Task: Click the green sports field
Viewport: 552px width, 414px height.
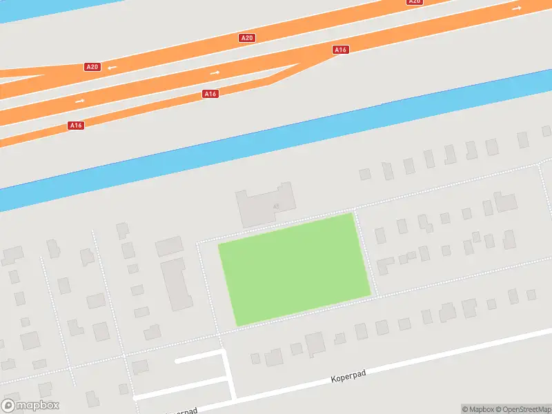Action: tap(295, 269)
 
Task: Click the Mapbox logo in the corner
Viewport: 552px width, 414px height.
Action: tap(30, 406)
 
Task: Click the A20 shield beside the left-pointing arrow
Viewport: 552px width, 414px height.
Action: tap(92, 67)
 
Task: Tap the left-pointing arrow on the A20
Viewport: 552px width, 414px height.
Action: tap(112, 68)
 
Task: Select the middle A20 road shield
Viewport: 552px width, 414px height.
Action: tap(247, 37)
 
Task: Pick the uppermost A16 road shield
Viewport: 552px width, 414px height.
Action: tap(340, 50)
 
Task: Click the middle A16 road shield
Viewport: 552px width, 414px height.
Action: tap(211, 93)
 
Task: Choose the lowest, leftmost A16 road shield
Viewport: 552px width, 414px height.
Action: tap(76, 126)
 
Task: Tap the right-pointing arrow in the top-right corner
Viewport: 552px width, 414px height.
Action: tap(517, 8)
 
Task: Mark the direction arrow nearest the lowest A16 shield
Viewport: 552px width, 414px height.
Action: tap(80, 101)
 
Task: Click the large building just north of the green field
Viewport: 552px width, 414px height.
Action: tap(266, 206)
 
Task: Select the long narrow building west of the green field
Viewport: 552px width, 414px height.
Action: tap(178, 284)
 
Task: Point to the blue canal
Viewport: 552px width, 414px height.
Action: tap(276, 148)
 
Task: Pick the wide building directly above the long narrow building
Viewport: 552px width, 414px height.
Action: tap(169, 246)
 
